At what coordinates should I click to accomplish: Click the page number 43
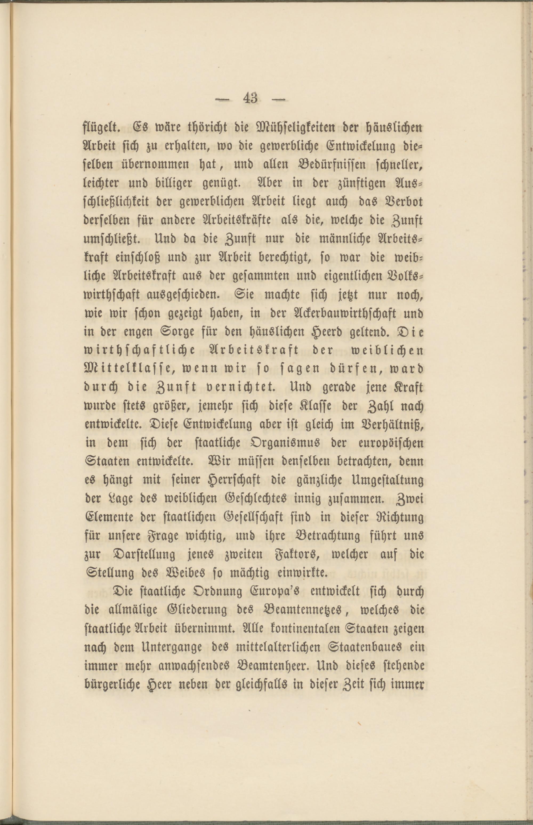pyautogui.click(x=250, y=99)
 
